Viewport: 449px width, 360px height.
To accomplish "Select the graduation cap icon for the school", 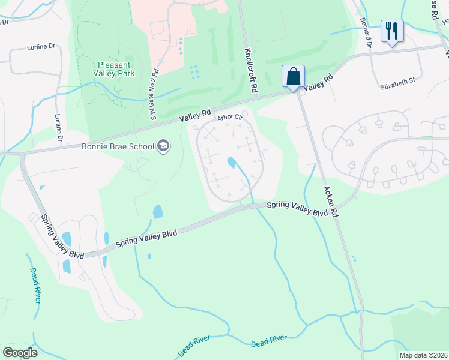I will click(x=163, y=146).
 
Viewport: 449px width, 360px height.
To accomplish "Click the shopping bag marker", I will click(x=293, y=77).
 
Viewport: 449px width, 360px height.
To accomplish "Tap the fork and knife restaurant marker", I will click(x=392, y=32).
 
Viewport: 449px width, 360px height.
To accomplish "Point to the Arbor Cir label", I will click(x=229, y=118).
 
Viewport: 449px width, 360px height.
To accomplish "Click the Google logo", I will click(x=20, y=352).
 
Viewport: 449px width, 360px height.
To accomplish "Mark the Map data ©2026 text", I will click(x=423, y=355).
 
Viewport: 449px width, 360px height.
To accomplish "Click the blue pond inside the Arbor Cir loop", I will click(x=231, y=163).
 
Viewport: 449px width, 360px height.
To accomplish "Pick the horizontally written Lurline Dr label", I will click(x=41, y=46).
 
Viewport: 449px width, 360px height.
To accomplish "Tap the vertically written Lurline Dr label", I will click(x=59, y=128).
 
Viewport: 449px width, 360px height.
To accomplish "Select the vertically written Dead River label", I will click(x=34, y=285).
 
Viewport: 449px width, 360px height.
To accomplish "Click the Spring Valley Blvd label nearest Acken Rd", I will click(x=297, y=209).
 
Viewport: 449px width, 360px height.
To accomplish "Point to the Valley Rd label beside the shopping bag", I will click(x=318, y=83).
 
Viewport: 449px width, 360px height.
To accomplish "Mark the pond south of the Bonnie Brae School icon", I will click(x=157, y=212).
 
